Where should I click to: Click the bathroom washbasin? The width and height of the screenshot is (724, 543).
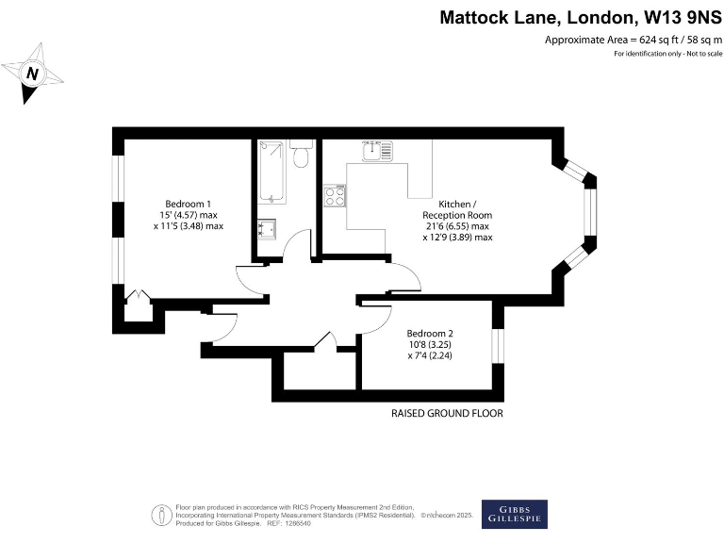click(267, 229)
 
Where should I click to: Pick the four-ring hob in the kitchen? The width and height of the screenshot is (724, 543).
click(335, 195)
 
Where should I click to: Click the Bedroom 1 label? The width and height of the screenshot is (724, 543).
click(189, 205)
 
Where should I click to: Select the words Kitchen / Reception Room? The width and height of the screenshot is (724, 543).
click(457, 209)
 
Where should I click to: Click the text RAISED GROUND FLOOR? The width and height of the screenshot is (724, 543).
click(447, 414)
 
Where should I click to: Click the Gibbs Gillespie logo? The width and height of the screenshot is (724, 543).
click(514, 514)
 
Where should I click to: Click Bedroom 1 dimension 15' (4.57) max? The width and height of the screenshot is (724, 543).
click(189, 216)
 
